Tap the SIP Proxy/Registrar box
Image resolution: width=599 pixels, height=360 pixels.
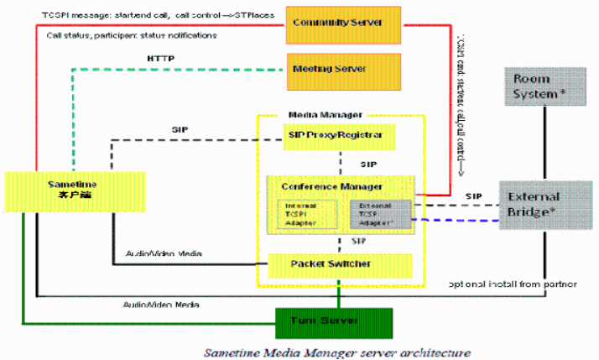pos(339,134)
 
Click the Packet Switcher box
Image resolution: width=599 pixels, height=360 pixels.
pos(339,264)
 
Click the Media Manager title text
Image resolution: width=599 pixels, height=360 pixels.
pos(326,113)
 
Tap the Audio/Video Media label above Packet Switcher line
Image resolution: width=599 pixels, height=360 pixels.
pos(163,253)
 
